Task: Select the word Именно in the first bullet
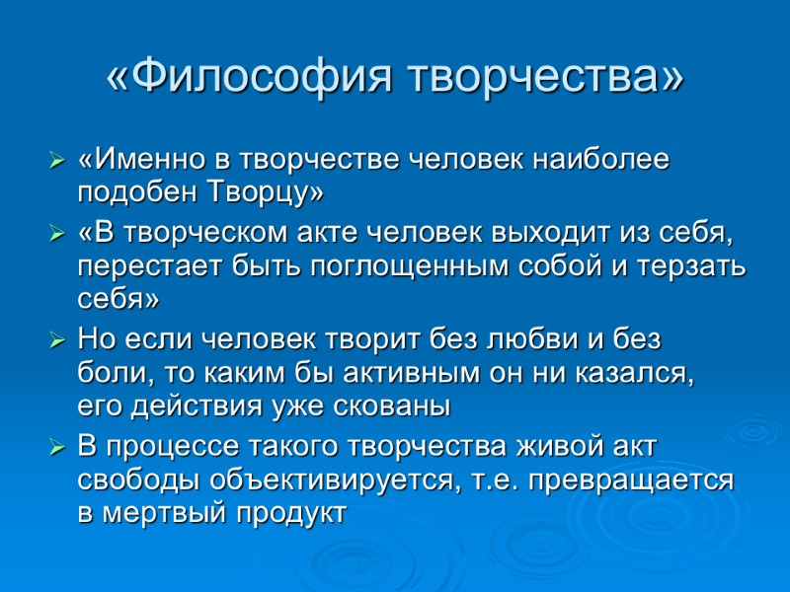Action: pyautogui.click(x=137, y=159)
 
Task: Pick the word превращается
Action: pyautogui.click(x=636, y=480)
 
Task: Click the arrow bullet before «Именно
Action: pyautogui.click(x=57, y=160)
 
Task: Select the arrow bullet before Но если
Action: pyautogui.click(x=57, y=342)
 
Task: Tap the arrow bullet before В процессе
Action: pyautogui.click(x=57, y=449)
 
